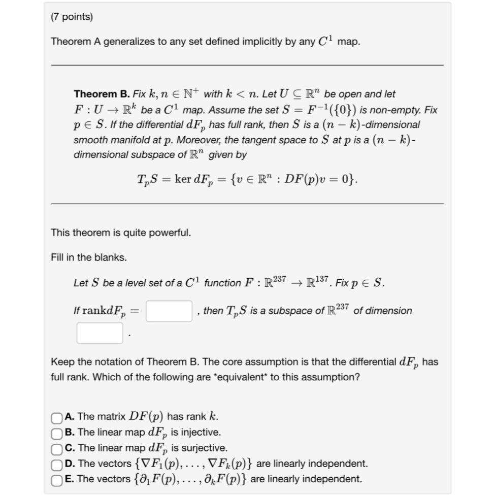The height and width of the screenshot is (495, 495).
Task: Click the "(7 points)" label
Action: [72, 17]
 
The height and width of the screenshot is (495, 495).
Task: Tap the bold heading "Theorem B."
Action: [102, 94]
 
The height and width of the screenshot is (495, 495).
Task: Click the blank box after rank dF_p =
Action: [169, 311]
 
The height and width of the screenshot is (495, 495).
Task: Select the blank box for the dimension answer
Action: [100, 333]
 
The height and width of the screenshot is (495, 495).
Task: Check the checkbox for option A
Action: [56, 417]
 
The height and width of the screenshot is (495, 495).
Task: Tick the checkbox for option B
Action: [56, 433]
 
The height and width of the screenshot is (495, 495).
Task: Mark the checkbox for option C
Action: [56, 449]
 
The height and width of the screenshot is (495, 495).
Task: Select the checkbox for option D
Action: [56, 464]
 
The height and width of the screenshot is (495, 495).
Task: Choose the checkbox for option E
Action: [56, 480]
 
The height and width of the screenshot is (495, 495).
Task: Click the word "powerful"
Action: [171, 233]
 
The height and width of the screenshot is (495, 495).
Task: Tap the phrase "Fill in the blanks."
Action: [89, 257]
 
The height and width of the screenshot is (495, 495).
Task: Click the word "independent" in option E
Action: [333, 479]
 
